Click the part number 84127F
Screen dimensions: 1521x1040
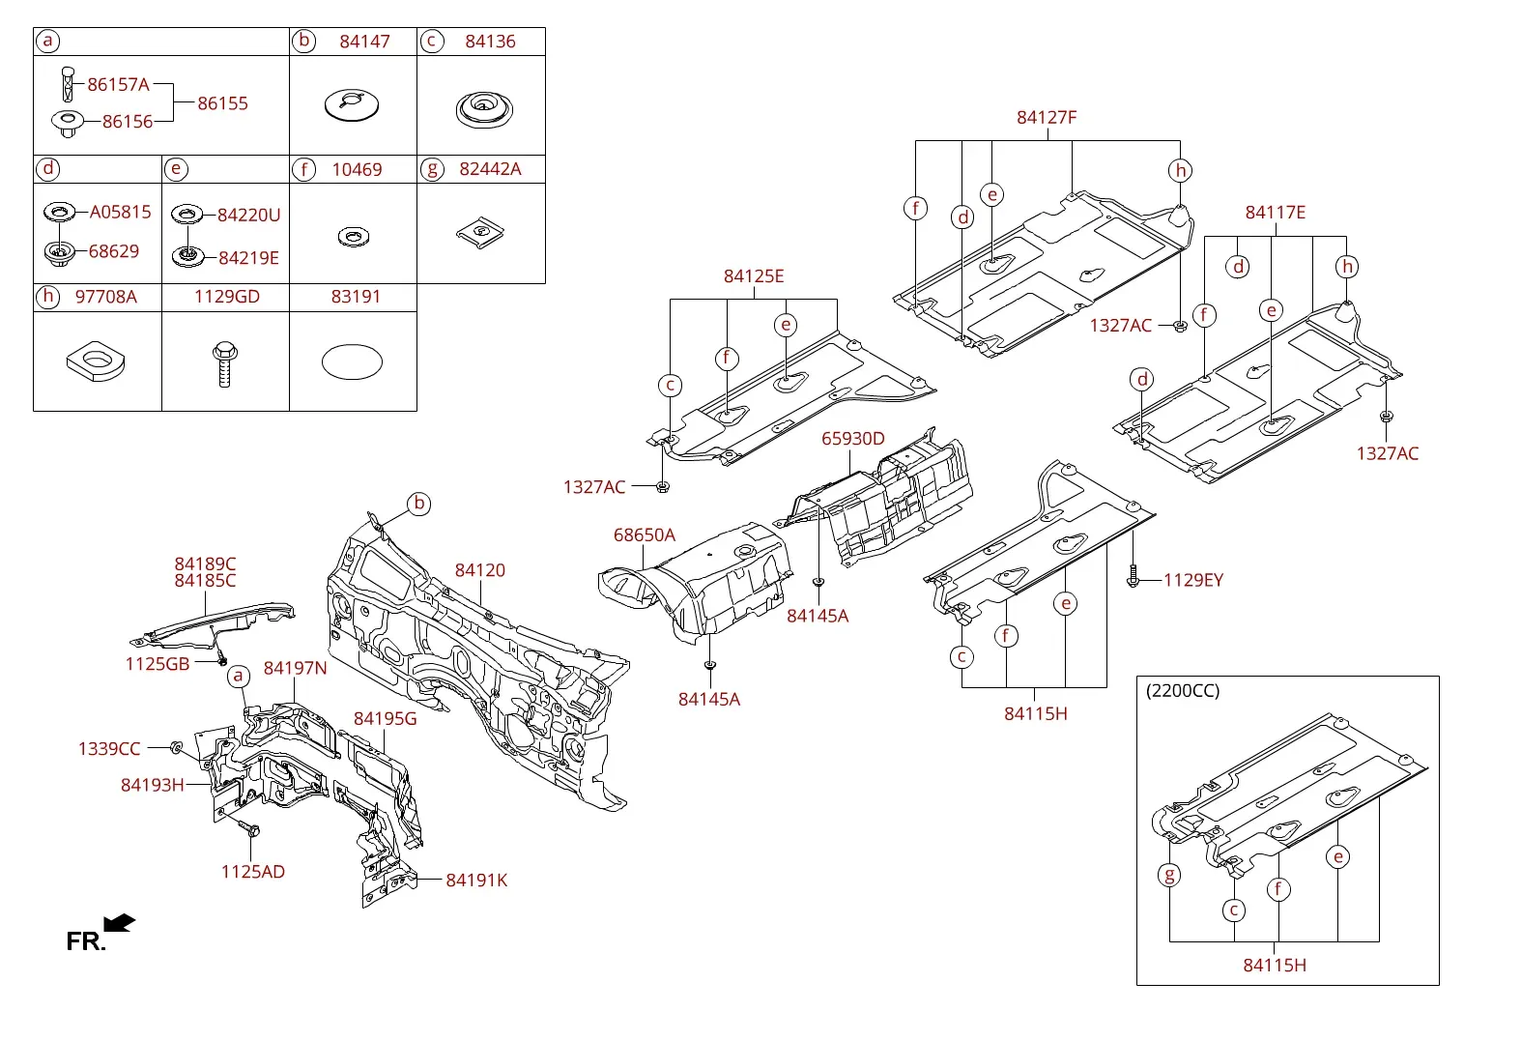1047,118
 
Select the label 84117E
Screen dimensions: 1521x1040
1276,213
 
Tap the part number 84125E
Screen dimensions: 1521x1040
754,276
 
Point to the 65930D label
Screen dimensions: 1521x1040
853,439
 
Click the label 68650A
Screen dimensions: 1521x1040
645,535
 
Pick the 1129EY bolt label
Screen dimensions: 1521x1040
1193,580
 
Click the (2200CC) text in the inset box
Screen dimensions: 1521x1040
1183,691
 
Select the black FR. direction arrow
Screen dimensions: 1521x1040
120,923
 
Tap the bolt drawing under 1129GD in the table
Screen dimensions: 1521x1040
225,364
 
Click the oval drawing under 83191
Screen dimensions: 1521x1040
352,362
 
